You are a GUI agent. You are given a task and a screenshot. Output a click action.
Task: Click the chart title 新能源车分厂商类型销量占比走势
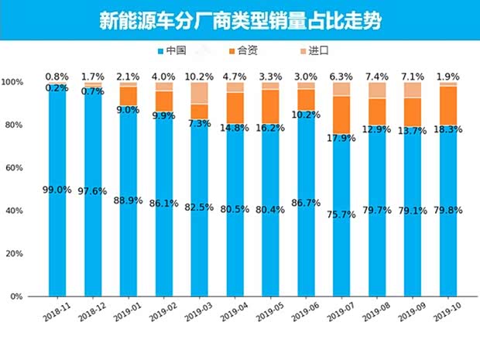(x=240, y=19)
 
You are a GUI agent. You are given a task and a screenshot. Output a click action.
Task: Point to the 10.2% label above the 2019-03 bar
(x=199, y=77)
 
